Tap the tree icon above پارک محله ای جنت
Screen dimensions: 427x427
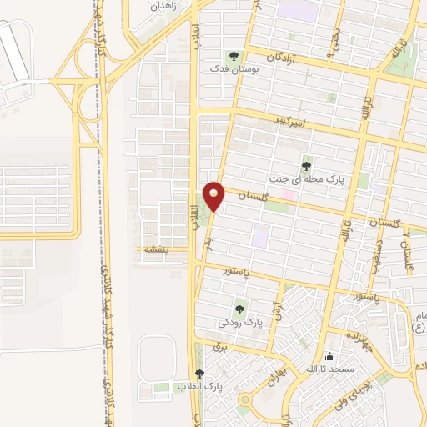(307, 164)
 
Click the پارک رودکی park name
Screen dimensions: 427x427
(240, 320)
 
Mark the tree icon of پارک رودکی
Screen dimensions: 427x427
(241, 306)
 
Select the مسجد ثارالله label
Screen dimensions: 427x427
(329, 369)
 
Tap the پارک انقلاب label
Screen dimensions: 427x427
(200, 387)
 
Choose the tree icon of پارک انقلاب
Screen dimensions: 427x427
(198, 374)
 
